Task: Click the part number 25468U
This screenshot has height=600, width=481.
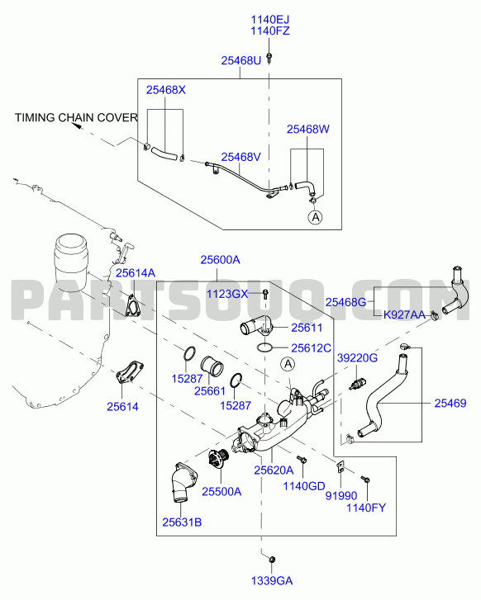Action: point(240,60)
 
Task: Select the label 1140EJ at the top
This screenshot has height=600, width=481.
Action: point(269,19)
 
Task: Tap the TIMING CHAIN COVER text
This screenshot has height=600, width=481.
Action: point(76,117)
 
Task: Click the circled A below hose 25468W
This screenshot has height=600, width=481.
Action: point(315,217)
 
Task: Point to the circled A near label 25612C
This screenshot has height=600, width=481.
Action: point(288,364)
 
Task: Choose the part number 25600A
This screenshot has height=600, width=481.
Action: point(220,260)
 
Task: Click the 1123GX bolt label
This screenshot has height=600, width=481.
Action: point(227,294)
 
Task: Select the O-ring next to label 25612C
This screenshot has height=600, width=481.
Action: point(264,347)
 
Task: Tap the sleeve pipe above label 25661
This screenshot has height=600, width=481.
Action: point(212,367)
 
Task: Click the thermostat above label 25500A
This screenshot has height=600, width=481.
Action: point(219,457)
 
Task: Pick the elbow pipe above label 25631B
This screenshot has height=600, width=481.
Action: point(183,482)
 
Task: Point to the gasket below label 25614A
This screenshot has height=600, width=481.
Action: point(132,305)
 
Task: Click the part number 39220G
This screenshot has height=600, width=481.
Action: point(357,358)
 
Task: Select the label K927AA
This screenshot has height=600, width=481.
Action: point(404,315)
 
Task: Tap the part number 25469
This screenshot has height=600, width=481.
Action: point(450,403)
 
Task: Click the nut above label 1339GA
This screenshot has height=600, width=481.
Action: point(272,560)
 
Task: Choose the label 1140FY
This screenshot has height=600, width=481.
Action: point(366,508)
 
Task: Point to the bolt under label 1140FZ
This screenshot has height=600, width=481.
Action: point(269,58)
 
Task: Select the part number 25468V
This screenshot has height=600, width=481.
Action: point(240,157)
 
